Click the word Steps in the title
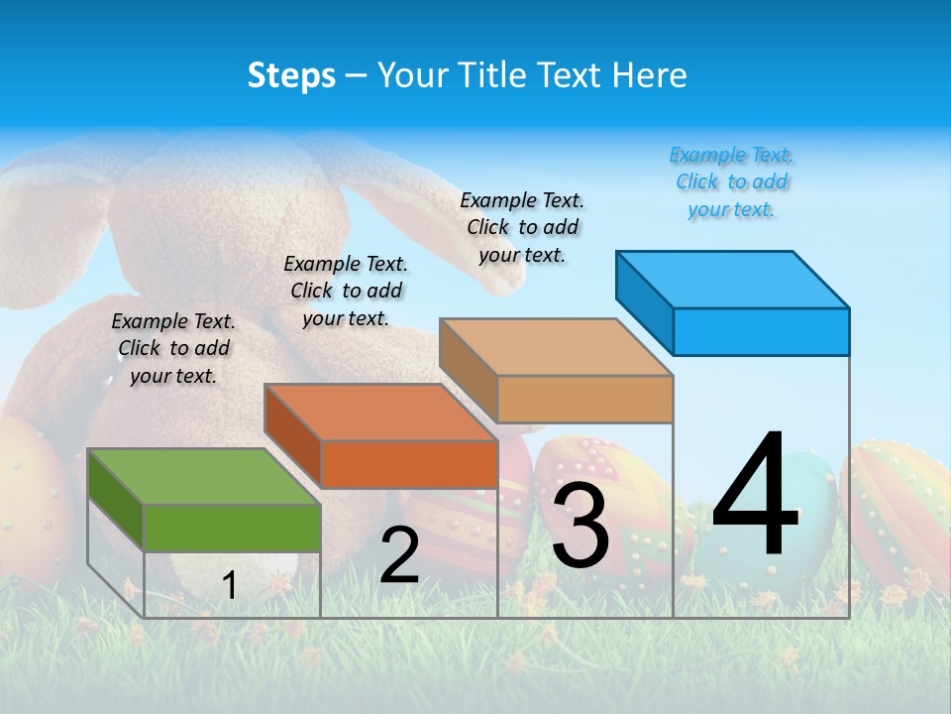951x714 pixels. tap(291, 75)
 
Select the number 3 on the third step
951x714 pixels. tap(580, 526)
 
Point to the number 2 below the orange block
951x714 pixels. tap(399, 555)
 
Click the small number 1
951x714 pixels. tap(229, 585)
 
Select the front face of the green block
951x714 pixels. tap(232, 528)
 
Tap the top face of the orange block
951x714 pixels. tap(379, 412)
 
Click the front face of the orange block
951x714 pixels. tap(409, 464)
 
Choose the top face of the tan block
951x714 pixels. tap(555, 347)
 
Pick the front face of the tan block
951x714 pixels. tap(584, 399)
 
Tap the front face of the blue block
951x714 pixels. tap(761, 331)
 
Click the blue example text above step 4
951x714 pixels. tap(731, 182)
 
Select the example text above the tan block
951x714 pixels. tap(522, 227)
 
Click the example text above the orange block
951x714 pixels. tap(346, 291)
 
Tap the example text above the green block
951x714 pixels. tap(173, 348)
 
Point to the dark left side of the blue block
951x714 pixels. tap(644, 297)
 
